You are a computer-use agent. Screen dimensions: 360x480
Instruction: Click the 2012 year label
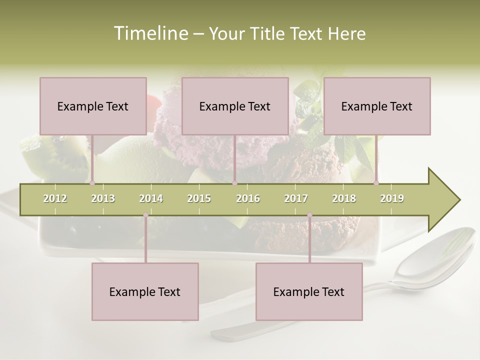pos(55,198)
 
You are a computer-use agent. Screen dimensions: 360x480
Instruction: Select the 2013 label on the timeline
pos(103,198)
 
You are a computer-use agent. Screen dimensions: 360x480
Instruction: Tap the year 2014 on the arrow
pos(151,198)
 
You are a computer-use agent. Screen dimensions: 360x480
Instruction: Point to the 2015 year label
pos(199,198)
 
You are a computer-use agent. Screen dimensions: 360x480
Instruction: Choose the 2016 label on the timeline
pos(248,198)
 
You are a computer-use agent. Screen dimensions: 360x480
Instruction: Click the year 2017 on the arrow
pos(296,198)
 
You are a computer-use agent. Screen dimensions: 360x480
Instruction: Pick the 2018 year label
pos(344,198)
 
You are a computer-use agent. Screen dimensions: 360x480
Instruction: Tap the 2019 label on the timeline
pos(392,198)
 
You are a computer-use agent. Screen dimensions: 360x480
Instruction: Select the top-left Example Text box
pos(93,106)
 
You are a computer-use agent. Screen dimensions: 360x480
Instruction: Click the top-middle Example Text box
pos(235,106)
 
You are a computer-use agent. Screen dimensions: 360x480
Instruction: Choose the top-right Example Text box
pos(377,106)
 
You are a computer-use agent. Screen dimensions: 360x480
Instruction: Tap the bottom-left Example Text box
pos(145,291)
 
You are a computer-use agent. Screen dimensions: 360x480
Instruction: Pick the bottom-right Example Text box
pos(309,291)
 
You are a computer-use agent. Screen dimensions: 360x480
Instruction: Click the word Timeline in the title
pos(149,33)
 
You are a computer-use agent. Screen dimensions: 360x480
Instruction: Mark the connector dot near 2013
pos(92,183)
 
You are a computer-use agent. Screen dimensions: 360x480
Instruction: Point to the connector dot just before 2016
pos(234,183)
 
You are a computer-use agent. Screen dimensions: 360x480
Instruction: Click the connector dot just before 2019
pos(376,183)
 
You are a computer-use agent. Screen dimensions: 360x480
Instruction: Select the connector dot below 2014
pos(145,215)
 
